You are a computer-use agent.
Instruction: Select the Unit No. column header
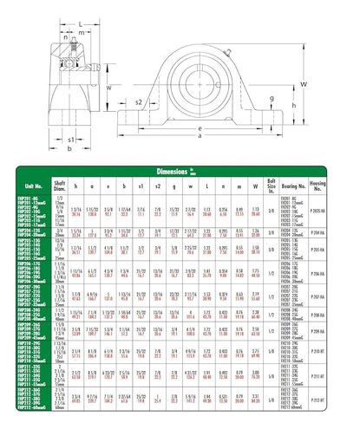[34, 185]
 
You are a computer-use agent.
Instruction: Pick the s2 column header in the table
[158, 185]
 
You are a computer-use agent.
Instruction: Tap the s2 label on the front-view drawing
[139, 102]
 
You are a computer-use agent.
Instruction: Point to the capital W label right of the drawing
[304, 83]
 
